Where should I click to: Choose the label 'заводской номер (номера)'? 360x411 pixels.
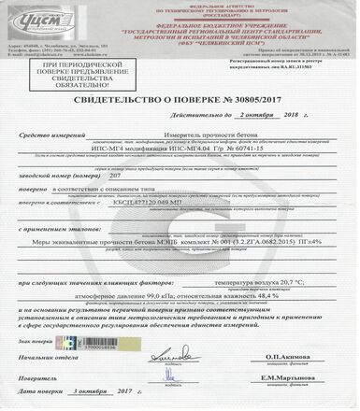[x=60, y=200]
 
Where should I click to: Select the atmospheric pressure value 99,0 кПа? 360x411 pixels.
[x=137, y=319]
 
